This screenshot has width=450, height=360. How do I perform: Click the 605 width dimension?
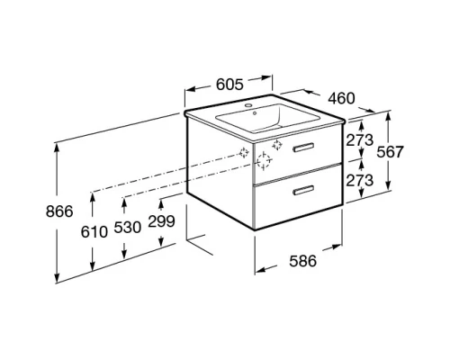(x=229, y=84)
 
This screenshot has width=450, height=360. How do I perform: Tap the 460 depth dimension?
(x=341, y=98)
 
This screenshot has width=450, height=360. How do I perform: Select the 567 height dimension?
(x=390, y=152)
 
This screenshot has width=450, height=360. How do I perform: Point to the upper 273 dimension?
(x=360, y=140)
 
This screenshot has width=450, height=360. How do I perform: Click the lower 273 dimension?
(x=360, y=180)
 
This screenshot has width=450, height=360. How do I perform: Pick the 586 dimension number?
(x=302, y=261)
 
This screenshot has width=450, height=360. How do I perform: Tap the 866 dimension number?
(x=59, y=211)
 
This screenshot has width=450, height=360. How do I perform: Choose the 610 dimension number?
(x=94, y=232)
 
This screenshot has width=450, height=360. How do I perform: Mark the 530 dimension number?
(x=128, y=228)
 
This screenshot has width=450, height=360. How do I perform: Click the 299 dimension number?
(x=161, y=221)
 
